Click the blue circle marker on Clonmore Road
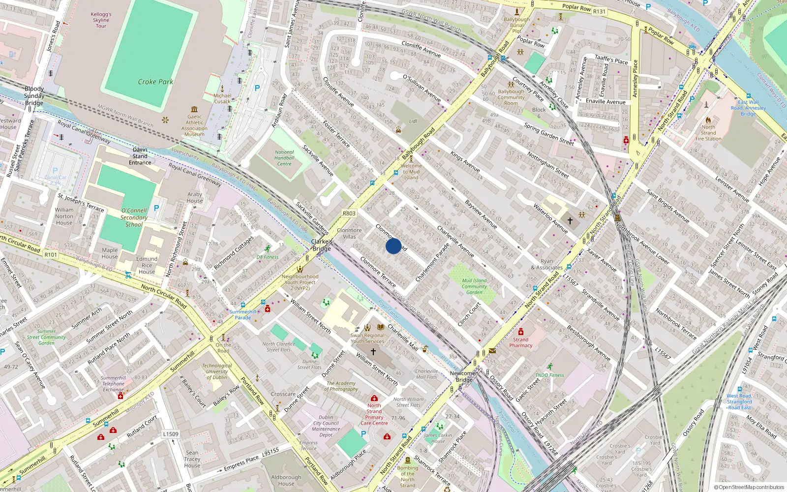[x=393, y=246]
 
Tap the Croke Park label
[x=155, y=82]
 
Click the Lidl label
[x=413, y=121]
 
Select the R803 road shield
[x=349, y=214]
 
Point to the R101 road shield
[x=51, y=254]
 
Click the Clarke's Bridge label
[x=322, y=245]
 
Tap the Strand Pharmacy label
[x=521, y=342]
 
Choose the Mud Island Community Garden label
[x=474, y=286]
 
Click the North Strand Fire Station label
[x=708, y=133]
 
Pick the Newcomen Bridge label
[x=464, y=376]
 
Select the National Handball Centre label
[x=284, y=158]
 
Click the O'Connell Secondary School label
[x=134, y=217]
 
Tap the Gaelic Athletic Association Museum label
[x=194, y=125]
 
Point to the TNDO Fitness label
[x=549, y=375]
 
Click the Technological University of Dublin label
[x=217, y=371]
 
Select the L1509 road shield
[x=171, y=434]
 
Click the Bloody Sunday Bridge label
[x=34, y=96]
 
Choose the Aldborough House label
[x=286, y=480]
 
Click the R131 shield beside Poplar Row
[x=599, y=11]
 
